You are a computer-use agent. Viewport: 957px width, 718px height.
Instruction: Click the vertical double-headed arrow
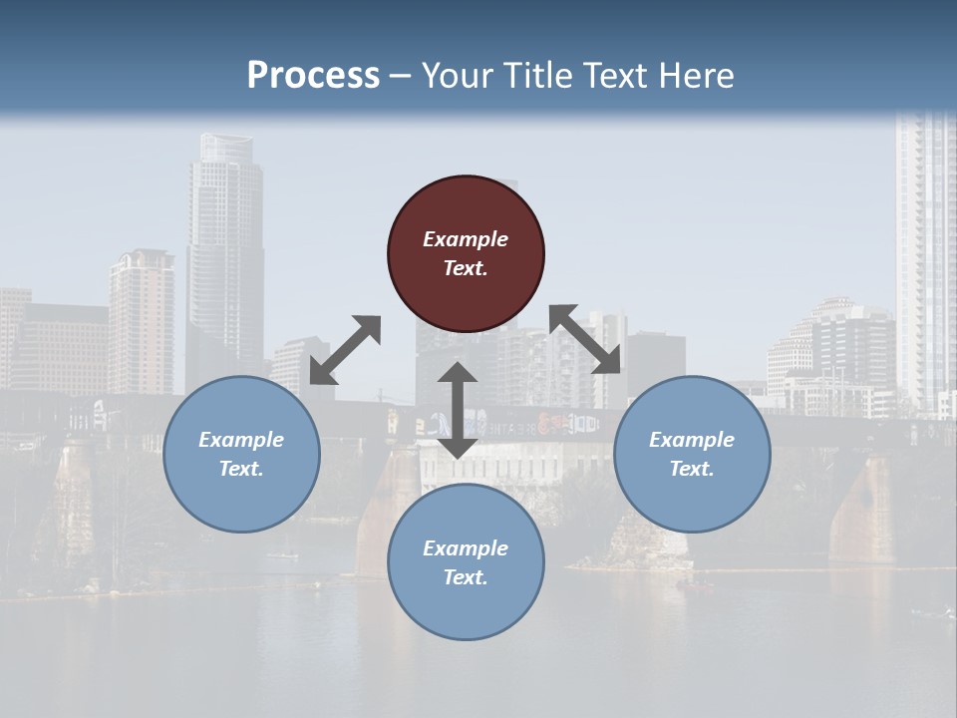pyautogui.click(x=458, y=410)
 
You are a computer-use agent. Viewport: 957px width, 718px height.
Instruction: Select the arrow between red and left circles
pyautogui.click(x=345, y=350)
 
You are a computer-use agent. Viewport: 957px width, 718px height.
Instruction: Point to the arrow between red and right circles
pyautogui.click(x=585, y=339)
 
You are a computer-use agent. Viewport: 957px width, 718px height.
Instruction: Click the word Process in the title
pyautogui.click(x=313, y=75)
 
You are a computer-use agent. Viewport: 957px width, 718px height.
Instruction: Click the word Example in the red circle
pyautogui.click(x=466, y=239)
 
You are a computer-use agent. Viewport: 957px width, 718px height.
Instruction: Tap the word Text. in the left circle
pyautogui.click(x=241, y=469)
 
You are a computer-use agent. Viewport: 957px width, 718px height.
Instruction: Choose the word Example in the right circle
pyautogui.click(x=692, y=440)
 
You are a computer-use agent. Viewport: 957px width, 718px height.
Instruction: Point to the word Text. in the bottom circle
pyautogui.click(x=466, y=577)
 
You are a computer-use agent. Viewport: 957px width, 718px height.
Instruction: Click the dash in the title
pyautogui.click(x=401, y=76)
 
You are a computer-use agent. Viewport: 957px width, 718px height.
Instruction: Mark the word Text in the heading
pyautogui.click(x=616, y=75)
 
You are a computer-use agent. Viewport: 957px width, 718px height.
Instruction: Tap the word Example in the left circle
pyautogui.click(x=241, y=440)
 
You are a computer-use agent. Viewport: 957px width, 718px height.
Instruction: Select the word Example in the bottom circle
pyautogui.click(x=466, y=548)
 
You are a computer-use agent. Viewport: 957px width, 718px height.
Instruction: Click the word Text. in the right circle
pyautogui.click(x=692, y=469)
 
